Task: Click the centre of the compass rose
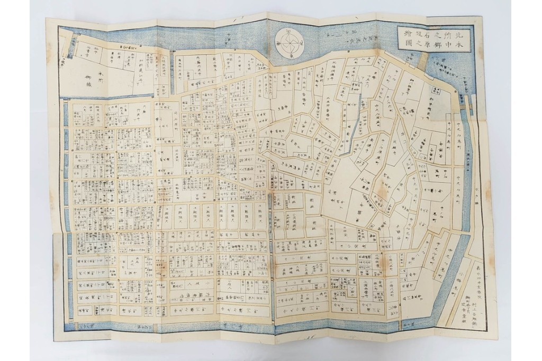click(290, 43)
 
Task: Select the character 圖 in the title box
click(408, 44)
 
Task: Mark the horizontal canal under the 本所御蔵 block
click(114, 98)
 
